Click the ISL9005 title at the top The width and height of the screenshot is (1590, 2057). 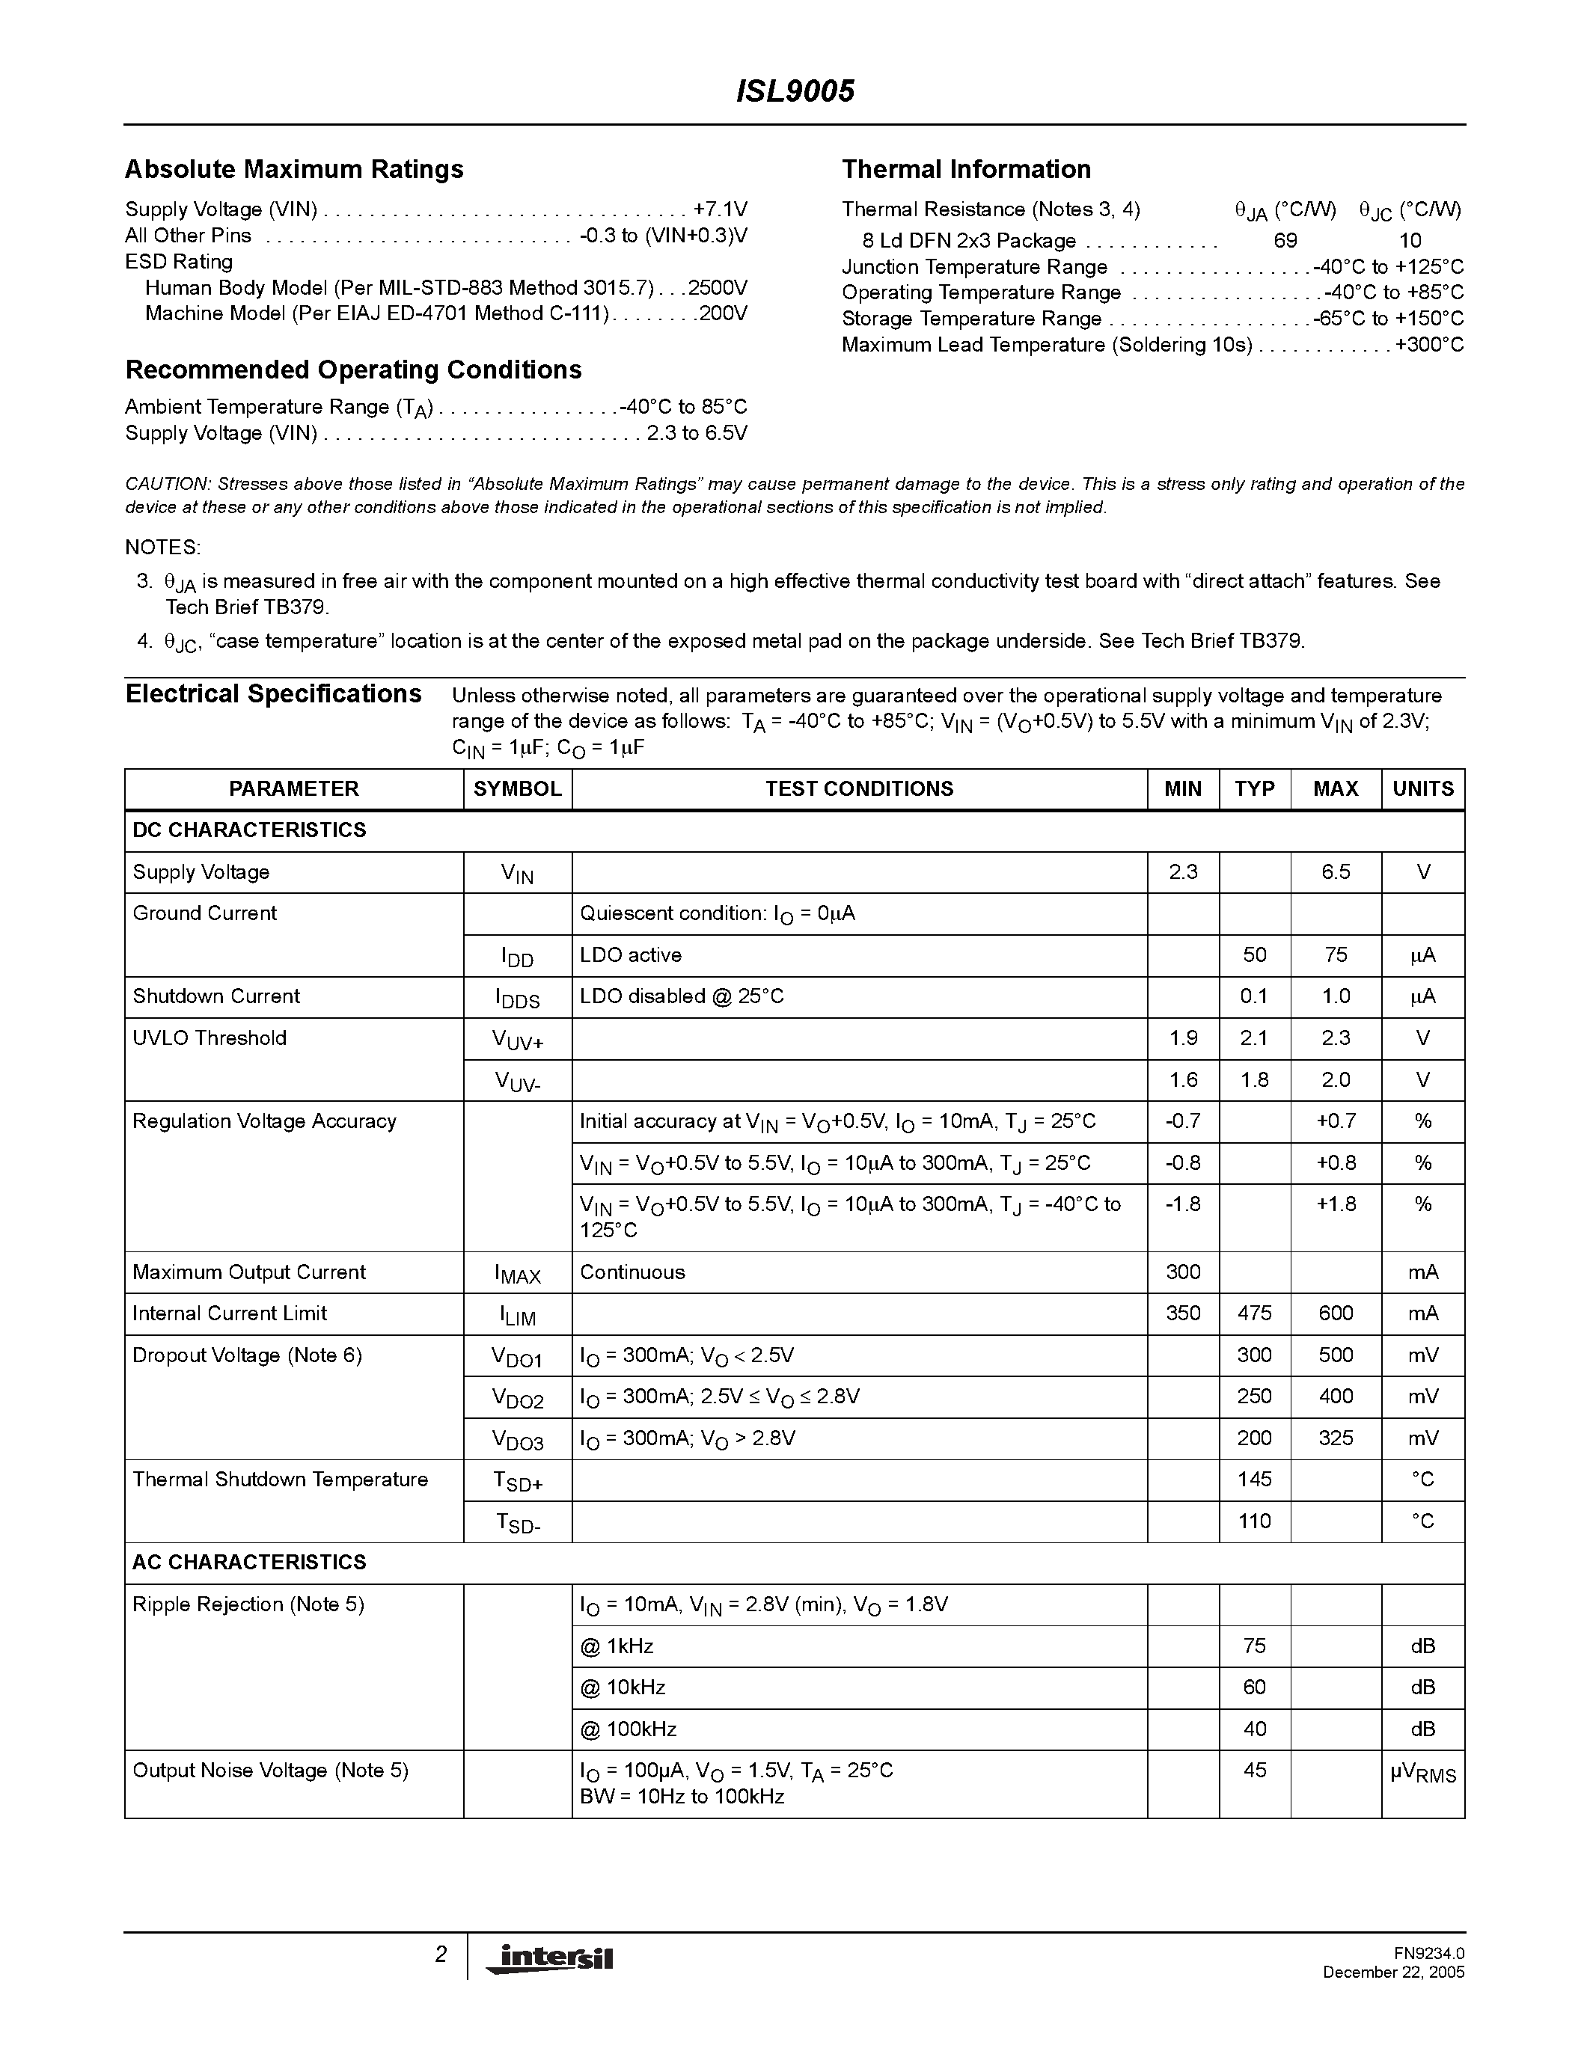[794, 91]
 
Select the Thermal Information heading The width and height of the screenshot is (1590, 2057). [965, 170]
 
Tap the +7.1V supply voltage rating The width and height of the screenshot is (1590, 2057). [720, 209]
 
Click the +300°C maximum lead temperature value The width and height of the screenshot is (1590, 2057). [1429, 345]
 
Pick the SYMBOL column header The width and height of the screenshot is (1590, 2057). [517, 789]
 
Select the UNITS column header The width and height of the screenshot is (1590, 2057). [1422, 789]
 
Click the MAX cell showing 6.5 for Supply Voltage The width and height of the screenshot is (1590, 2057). [1335, 872]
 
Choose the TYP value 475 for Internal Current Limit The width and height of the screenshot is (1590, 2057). [1254, 1313]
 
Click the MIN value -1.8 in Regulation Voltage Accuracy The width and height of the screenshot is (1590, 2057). [1182, 1204]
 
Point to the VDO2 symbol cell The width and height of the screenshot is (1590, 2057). [517, 1398]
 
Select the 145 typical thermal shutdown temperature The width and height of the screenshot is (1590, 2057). [1254, 1479]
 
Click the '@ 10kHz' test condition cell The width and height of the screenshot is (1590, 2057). [623, 1687]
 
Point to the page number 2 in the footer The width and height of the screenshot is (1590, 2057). [440, 1955]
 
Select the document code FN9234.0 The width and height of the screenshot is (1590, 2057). [1429, 1952]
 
